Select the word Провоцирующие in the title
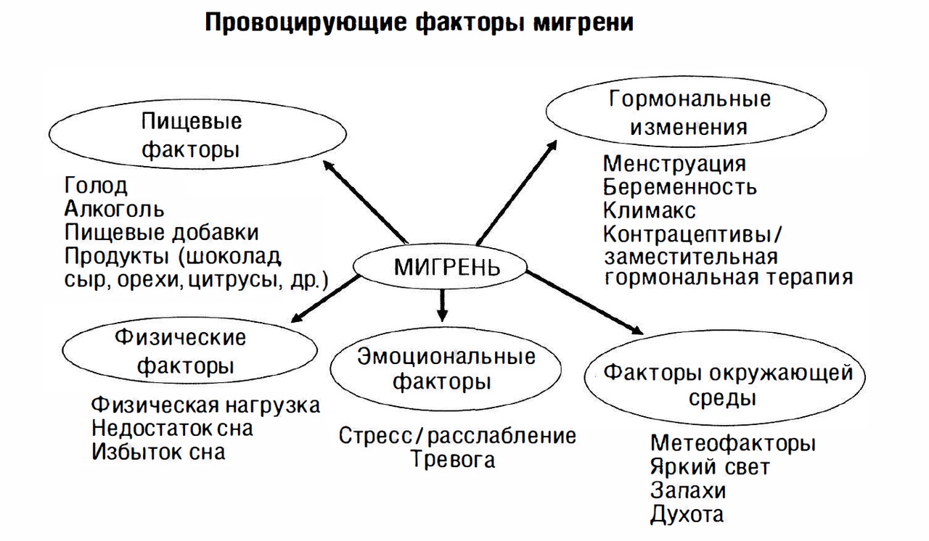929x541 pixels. [306, 22]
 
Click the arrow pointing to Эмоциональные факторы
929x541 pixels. [442, 305]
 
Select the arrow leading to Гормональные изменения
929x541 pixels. [517, 192]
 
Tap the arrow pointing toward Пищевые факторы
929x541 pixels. [365, 202]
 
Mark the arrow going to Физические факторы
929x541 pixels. [326, 298]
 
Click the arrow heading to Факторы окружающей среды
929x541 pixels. [585, 302]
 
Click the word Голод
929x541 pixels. [96, 186]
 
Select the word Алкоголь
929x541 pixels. [115, 209]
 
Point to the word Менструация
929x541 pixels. [674, 164]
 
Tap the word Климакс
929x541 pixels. [649, 210]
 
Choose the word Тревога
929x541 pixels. [454, 459]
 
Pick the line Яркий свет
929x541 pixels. [710, 467]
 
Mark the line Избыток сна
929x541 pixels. [158, 452]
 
